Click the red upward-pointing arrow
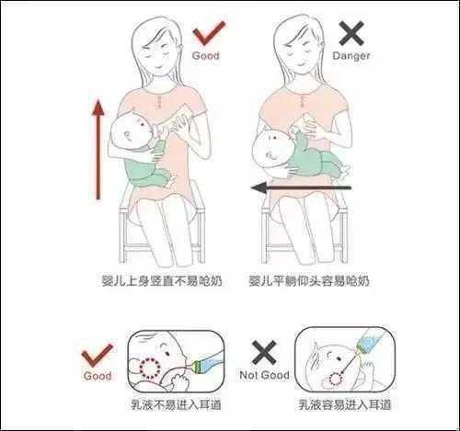click(98, 149)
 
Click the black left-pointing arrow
click(301, 187)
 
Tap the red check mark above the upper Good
click(209, 33)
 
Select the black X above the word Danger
click(351, 33)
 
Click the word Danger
click(351, 56)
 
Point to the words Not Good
click(264, 375)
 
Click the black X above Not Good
click(264, 352)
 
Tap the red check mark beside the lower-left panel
click(97, 355)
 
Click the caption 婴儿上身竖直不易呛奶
click(162, 281)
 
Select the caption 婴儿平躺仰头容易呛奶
click(309, 281)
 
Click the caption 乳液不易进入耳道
click(176, 405)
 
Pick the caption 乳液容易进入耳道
click(345, 404)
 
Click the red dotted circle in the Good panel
click(150, 368)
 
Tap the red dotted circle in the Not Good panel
click(336, 379)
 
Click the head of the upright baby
click(131, 131)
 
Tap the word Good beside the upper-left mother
click(206, 56)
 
